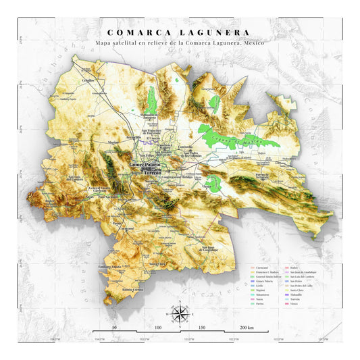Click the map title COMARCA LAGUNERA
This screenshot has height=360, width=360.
point(179,32)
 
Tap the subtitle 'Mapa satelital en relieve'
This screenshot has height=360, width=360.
point(180,43)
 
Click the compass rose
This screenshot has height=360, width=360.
point(180,313)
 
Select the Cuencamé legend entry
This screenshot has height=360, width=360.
point(257,267)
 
